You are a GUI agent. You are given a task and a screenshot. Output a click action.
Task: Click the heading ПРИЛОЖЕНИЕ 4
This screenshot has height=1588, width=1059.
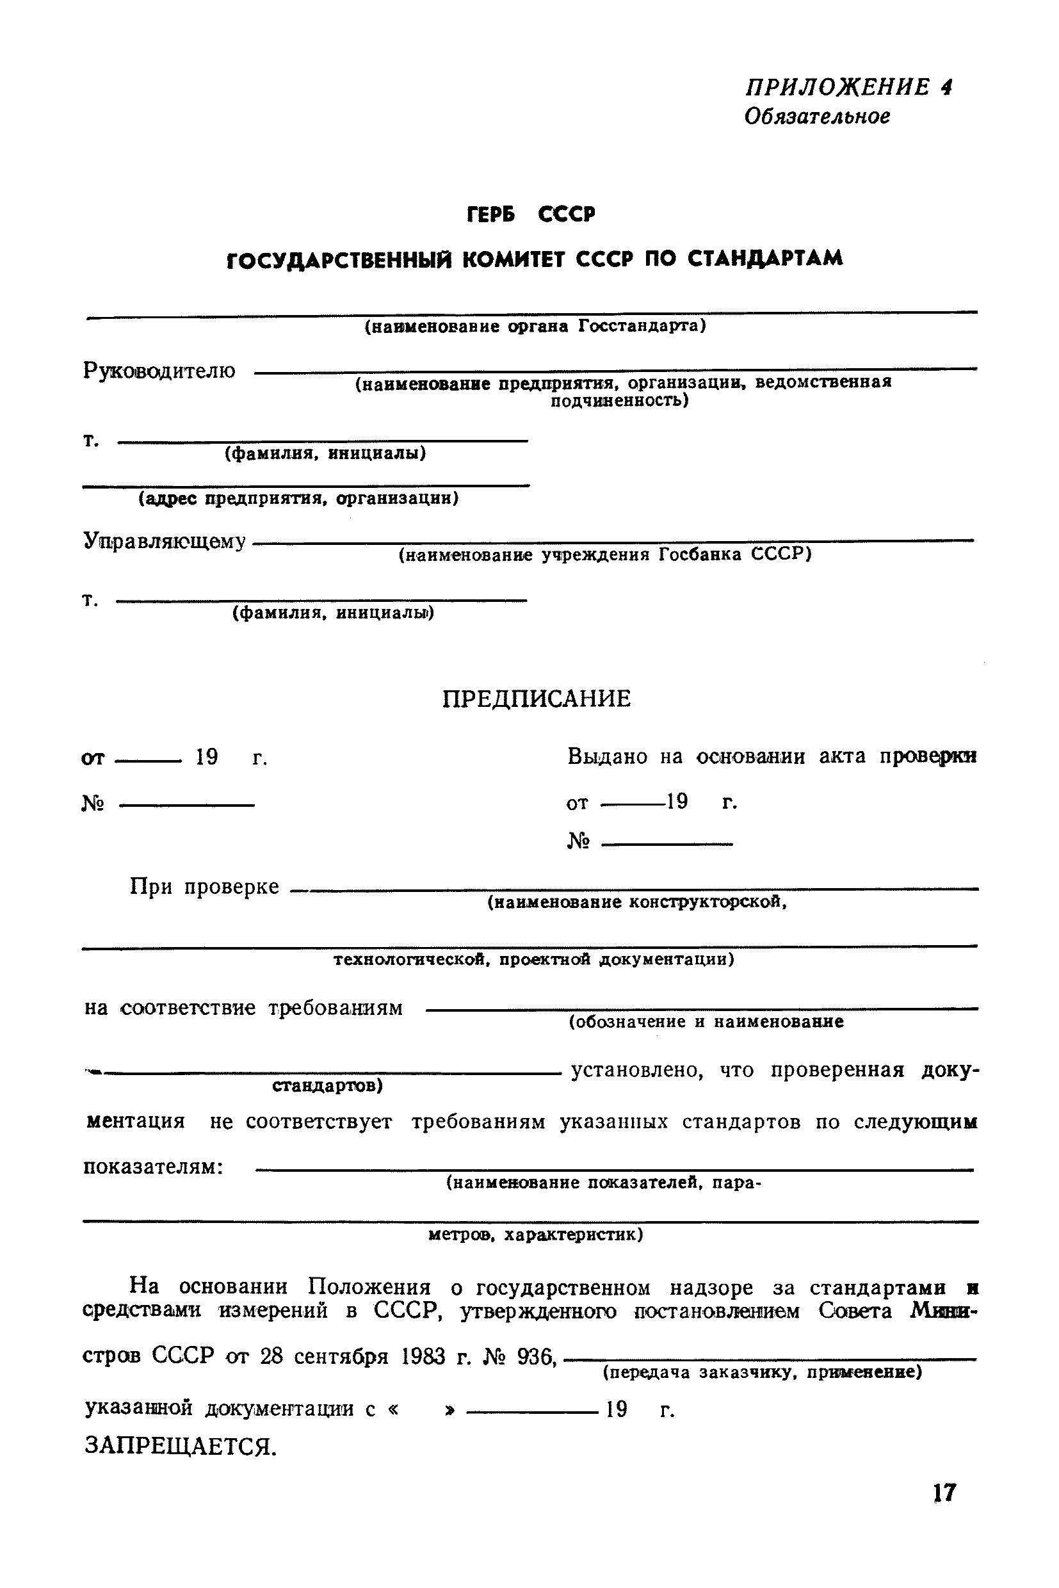click(848, 87)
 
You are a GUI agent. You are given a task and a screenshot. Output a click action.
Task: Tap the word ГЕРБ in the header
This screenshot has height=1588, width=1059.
click(491, 215)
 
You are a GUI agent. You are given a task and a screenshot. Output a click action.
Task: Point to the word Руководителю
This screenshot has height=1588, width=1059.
click(159, 371)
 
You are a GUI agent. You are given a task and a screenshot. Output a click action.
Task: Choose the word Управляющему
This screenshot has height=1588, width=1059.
click(164, 541)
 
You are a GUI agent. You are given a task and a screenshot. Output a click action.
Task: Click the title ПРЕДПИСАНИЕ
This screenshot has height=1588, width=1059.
click(537, 699)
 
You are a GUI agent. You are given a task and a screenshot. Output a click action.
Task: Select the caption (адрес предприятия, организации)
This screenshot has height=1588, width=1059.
click(298, 498)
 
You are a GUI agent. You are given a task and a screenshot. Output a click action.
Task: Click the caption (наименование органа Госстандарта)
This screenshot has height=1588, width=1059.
click(535, 327)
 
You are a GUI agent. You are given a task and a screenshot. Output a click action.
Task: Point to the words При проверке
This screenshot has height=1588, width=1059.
click(204, 886)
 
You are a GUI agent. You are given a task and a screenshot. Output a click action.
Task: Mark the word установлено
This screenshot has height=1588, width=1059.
click(637, 1070)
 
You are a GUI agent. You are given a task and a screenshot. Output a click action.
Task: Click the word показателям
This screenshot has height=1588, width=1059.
click(152, 1167)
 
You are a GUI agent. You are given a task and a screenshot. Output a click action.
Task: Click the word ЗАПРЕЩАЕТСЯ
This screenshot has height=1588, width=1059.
click(180, 1446)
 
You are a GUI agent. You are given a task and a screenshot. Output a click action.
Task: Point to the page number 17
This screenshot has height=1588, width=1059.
click(944, 1492)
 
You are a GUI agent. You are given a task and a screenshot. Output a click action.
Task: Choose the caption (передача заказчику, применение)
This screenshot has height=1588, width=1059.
click(762, 1372)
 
